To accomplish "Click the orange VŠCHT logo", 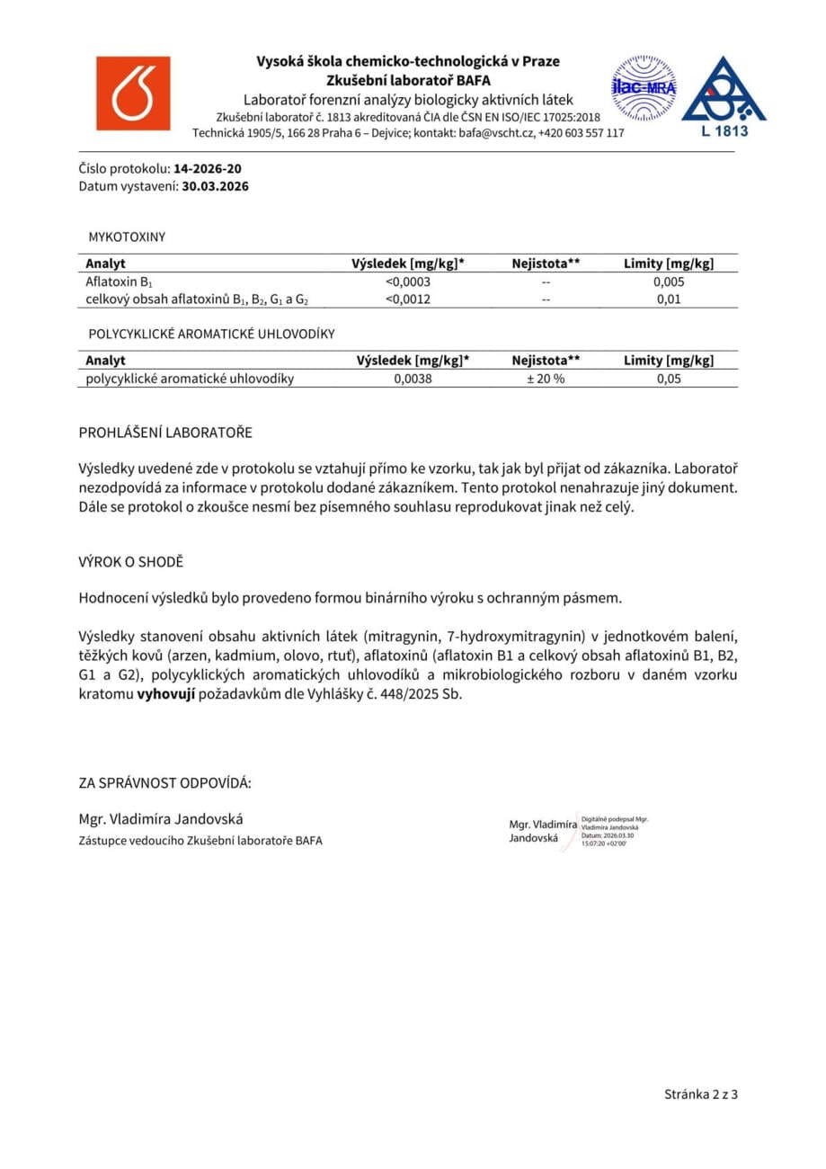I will (x=133, y=94).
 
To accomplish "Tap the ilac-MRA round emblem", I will (x=644, y=88).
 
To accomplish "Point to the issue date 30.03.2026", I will (x=215, y=187).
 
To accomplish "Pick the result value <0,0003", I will (x=412, y=281).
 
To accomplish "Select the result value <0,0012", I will (x=412, y=299).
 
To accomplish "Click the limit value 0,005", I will (x=670, y=281).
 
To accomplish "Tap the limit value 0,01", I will (x=670, y=299).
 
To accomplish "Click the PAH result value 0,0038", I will (x=413, y=379).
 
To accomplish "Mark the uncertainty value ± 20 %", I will (x=546, y=379).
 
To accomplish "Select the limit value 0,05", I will (x=670, y=379).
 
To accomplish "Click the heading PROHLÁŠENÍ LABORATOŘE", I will (x=166, y=433).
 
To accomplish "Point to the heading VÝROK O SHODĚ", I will (x=131, y=561).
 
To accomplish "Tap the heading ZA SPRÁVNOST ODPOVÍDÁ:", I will (x=165, y=782).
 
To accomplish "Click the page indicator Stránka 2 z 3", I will (x=701, y=1094).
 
